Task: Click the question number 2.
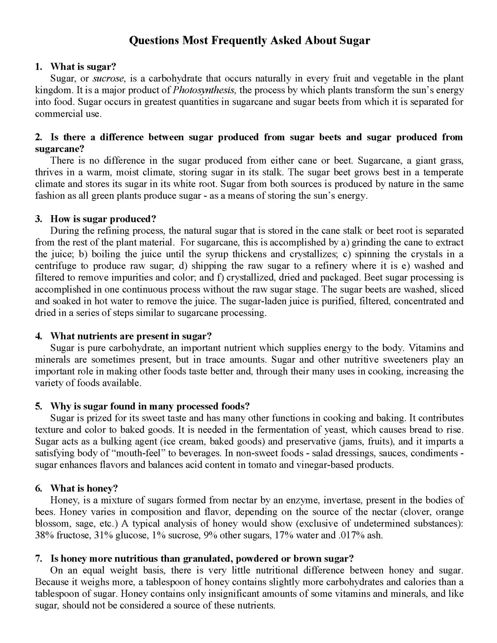pos(38,137)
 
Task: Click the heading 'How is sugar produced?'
pos(103,219)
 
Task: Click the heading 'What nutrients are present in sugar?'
pos(131,336)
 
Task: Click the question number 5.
pos(38,406)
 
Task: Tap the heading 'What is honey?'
pos(84,489)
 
